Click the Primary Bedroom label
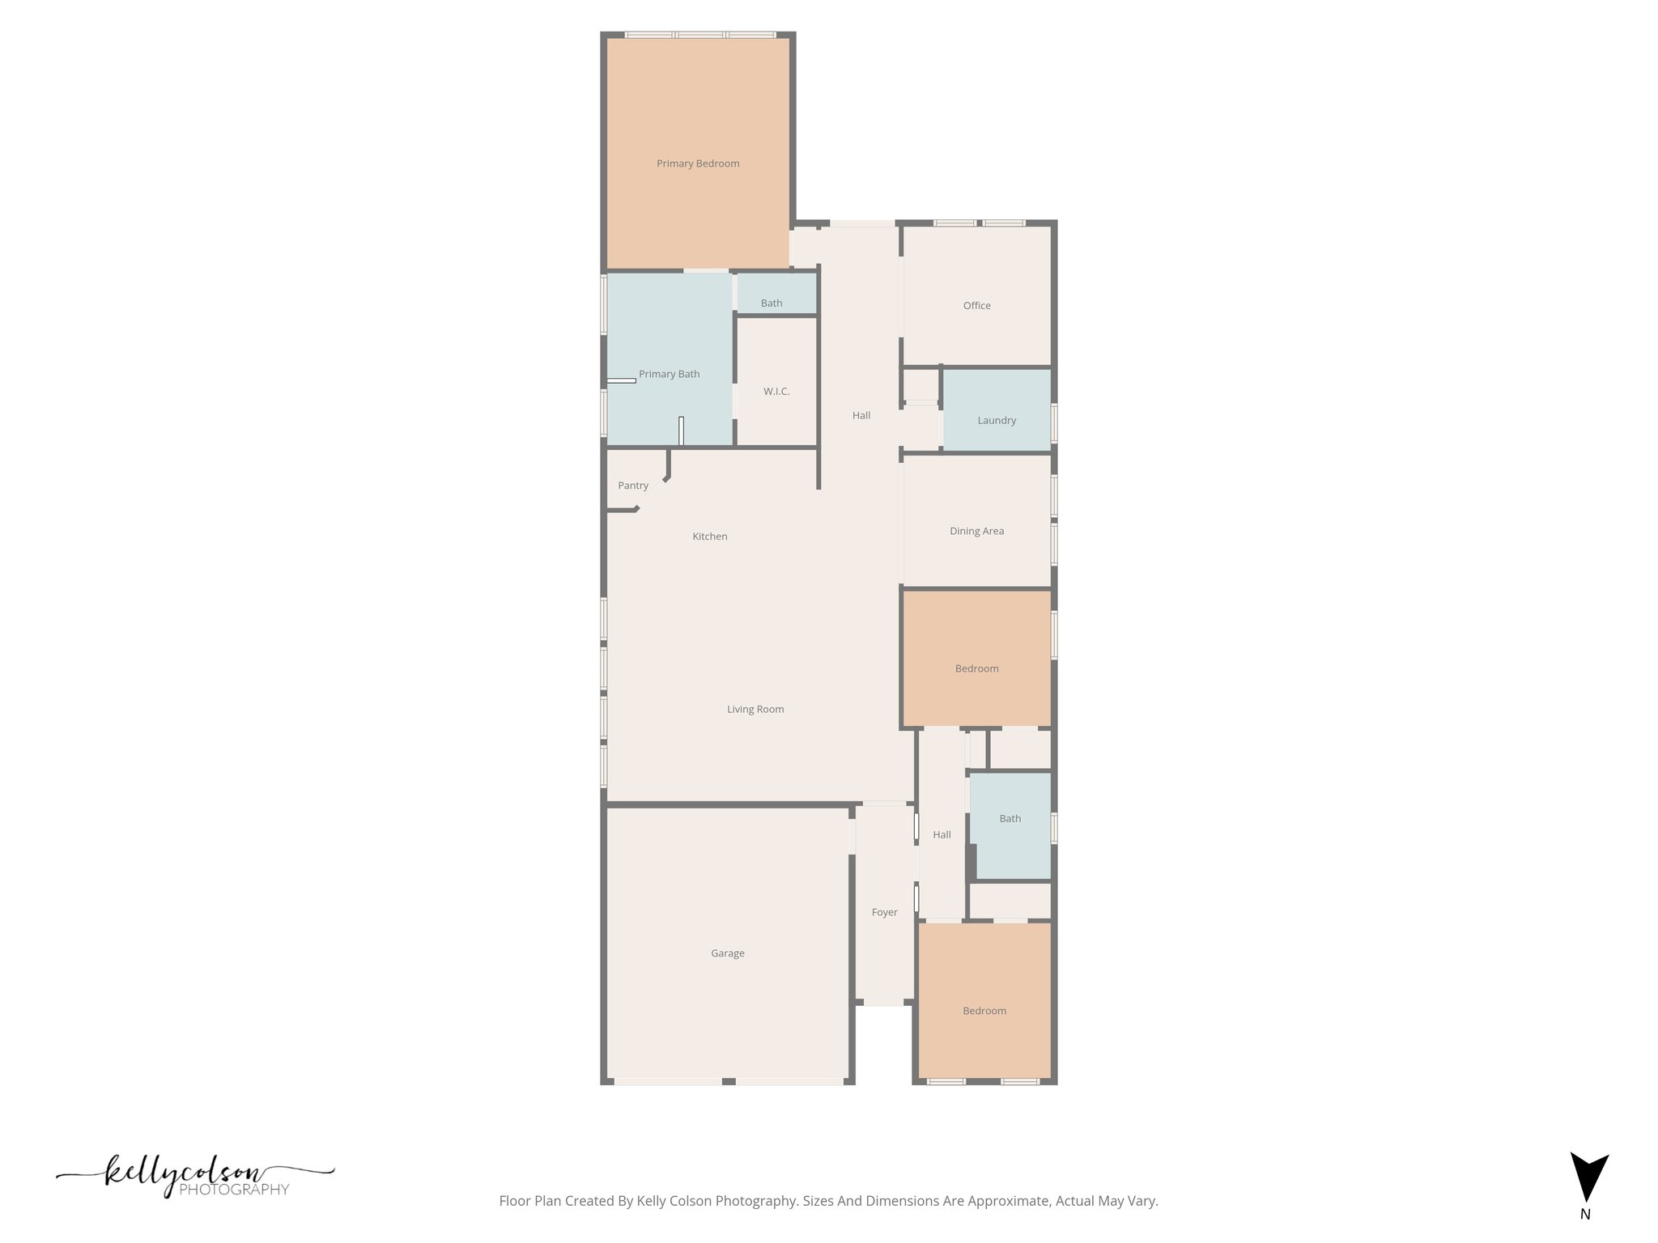tap(698, 163)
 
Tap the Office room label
tap(976, 305)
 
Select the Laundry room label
tap(996, 420)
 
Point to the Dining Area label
tap(976, 531)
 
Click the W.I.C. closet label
tap(776, 391)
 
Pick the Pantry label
tap(632, 486)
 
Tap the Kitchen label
tap(709, 536)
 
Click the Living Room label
tap(755, 709)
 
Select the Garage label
tap(727, 953)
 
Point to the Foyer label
tap(884, 912)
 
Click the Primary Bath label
tap(669, 374)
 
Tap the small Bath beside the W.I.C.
tap(771, 303)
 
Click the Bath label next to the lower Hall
tap(1010, 818)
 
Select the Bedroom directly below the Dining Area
tap(976, 668)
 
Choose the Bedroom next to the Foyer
tap(984, 1011)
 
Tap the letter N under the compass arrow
tap(1585, 1214)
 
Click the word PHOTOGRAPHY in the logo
tap(234, 1190)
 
